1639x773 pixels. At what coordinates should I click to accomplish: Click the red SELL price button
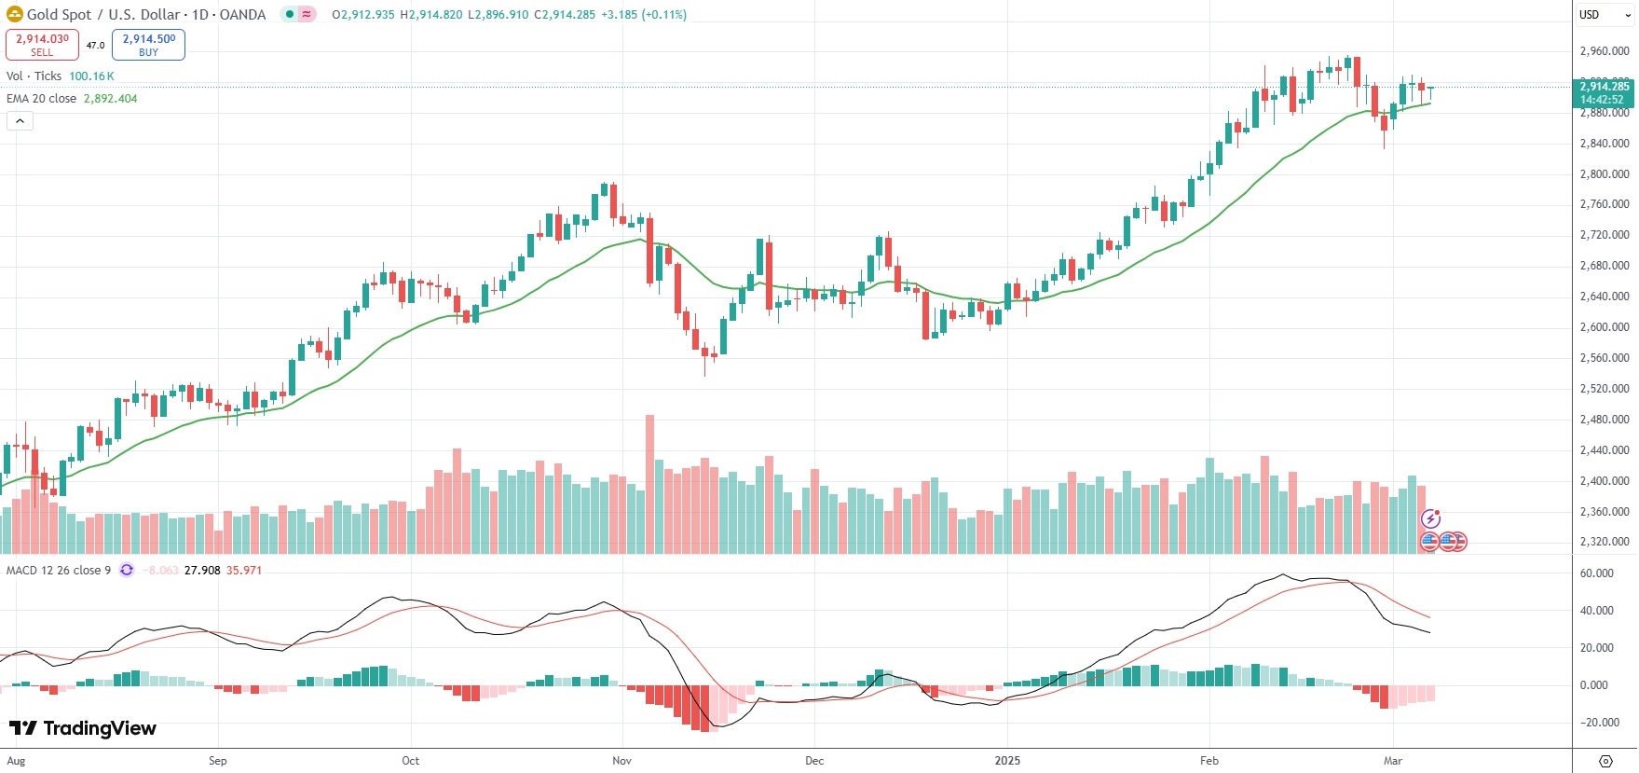click(x=42, y=45)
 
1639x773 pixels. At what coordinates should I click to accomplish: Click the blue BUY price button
click(x=148, y=45)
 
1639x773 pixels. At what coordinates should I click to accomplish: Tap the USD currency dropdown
click(x=1605, y=15)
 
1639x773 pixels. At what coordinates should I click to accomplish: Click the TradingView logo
click(x=83, y=728)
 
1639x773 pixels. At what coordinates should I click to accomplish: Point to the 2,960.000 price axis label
click(x=1605, y=51)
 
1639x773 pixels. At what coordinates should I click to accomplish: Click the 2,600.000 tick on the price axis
click(x=1605, y=327)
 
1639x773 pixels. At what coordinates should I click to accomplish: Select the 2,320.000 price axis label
click(x=1605, y=542)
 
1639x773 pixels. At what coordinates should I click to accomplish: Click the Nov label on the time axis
click(x=621, y=761)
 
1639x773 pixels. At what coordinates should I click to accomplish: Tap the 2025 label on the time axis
click(x=1007, y=761)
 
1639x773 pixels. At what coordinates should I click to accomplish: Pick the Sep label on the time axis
click(x=217, y=761)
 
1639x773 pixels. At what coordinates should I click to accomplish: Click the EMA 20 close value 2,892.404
click(x=110, y=99)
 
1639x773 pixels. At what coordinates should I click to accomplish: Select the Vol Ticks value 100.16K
click(x=91, y=76)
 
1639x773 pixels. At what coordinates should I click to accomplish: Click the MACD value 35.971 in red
click(x=243, y=571)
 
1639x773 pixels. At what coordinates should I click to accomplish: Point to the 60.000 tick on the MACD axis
click(x=1596, y=573)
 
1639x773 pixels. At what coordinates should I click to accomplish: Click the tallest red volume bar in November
click(x=649, y=485)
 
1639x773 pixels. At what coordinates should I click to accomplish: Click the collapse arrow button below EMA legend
click(x=20, y=121)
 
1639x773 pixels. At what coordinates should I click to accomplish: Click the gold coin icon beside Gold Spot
click(x=15, y=14)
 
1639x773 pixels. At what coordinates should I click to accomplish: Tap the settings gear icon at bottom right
click(x=1605, y=761)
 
